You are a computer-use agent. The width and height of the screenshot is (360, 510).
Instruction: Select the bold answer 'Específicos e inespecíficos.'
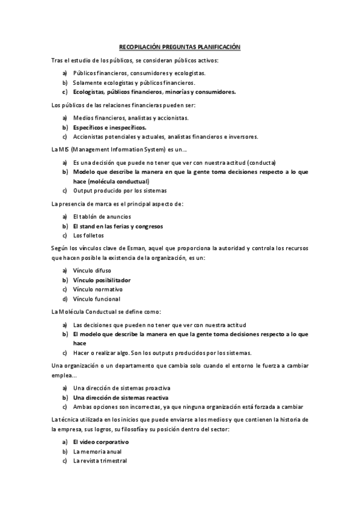coord(109,127)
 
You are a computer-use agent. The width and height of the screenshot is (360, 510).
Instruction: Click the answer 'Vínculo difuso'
coord(92,271)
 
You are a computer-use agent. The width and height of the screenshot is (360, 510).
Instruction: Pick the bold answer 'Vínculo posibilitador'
coord(102,280)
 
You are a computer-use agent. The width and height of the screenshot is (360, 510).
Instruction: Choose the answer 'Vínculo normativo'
coord(97,289)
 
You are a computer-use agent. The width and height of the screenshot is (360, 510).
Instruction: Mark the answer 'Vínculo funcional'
coord(97,299)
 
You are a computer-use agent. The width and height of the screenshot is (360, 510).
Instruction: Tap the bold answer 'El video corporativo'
coord(100,442)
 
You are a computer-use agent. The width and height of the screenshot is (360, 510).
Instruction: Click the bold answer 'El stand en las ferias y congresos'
coord(118,226)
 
